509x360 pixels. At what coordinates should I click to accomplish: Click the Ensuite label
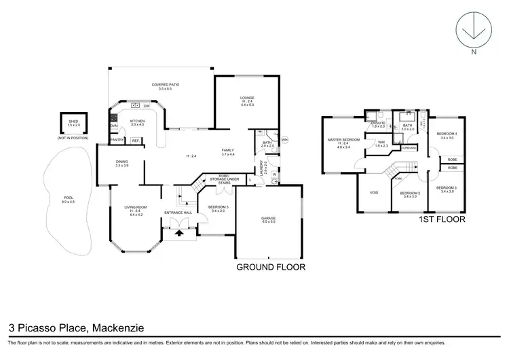378,124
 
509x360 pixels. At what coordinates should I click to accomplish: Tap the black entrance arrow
180,233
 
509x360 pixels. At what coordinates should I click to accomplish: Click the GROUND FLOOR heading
270,267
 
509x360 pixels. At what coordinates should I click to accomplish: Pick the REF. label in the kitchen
135,141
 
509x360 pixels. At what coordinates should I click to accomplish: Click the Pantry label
117,141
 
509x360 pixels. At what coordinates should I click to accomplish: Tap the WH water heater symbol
285,140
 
